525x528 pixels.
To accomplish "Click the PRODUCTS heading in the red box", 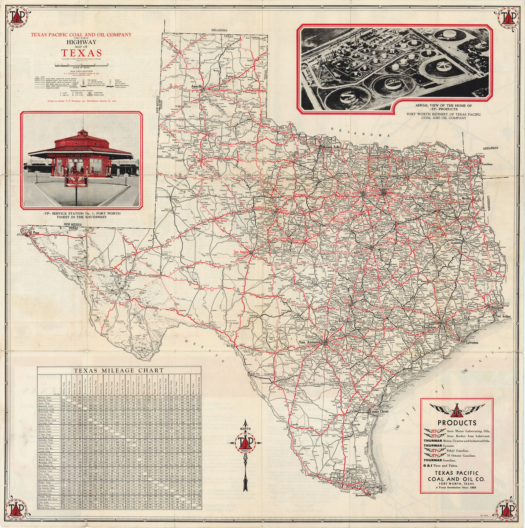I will (x=456, y=423).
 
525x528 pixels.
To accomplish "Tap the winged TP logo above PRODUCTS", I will (x=456, y=411).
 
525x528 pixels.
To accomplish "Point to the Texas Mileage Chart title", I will (x=119, y=370).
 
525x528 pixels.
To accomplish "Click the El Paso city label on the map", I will (x=36, y=232).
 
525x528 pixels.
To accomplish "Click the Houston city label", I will (x=429, y=327).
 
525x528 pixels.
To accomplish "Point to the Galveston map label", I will (x=470, y=342).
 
